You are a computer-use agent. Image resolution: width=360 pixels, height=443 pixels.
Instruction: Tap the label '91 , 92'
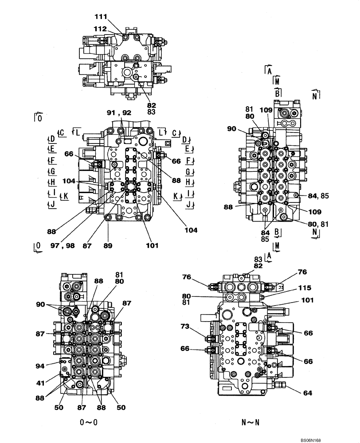coord(119,113)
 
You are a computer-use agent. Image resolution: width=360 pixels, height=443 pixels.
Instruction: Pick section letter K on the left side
coord(66,197)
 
